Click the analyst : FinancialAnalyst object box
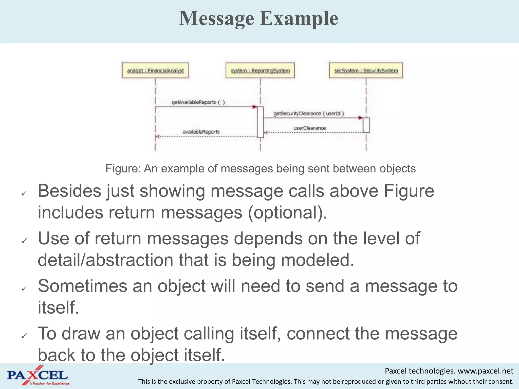[x=155, y=70]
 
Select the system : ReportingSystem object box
[x=260, y=70]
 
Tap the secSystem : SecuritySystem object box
[x=366, y=70]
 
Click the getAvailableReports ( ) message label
[x=198, y=102]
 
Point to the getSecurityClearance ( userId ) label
[x=308, y=113]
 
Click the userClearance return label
[x=309, y=128]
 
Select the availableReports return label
[x=201, y=132]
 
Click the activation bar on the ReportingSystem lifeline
[x=260, y=122]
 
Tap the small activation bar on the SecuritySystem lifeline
[x=366, y=125]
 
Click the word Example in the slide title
[x=299, y=18]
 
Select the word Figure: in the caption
[x=123, y=168]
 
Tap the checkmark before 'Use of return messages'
[x=24, y=241]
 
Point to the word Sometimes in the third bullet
[x=82, y=286]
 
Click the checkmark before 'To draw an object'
[x=24, y=336]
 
